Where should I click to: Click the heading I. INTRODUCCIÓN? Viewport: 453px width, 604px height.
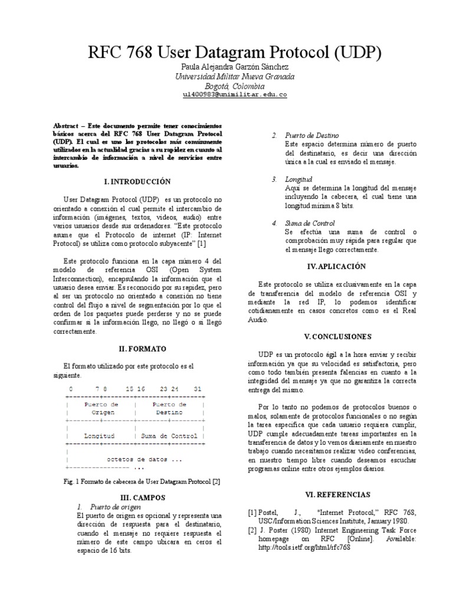click(x=136, y=181)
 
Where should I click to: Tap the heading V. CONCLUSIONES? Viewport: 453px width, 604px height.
click(x=337, y=336)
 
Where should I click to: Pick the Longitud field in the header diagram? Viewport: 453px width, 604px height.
click(x=99, y=436)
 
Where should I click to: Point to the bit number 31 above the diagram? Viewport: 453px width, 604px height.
click(x=198, y=390)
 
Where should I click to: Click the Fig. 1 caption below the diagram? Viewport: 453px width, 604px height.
click(x=142, y=482)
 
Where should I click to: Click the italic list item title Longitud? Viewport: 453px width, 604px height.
click(x=300, y=179)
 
